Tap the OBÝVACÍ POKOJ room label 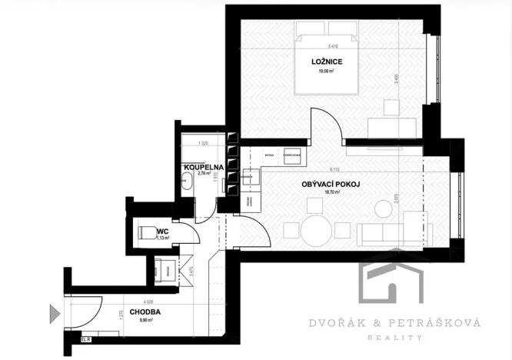331,185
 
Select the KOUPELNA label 203,166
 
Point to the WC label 162,230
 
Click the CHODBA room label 145,312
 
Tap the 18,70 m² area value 331,193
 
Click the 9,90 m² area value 145,321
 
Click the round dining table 315,229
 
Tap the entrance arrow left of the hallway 55,313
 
